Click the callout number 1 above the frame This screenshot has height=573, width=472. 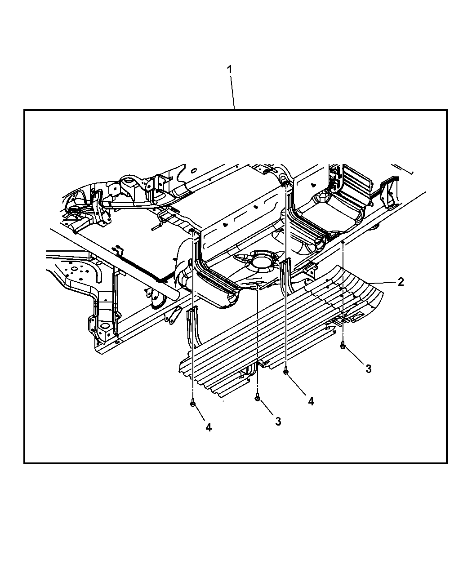coord(230,69)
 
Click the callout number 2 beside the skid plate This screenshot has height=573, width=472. coord(401,282)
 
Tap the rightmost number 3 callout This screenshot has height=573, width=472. coord(369,369)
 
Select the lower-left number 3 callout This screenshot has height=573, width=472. coord(278,421)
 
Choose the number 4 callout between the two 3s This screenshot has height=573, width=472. coord(311,401)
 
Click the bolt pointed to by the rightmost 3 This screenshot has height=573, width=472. coord(343,346)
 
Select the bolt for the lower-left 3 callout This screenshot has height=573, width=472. coord(257,398)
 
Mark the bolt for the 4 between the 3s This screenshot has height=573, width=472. coord(286,371)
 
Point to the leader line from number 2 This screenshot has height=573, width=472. coord(382,283)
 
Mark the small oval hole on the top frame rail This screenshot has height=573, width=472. coord(194,170)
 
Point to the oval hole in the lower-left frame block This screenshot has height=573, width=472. coord(105,327)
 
